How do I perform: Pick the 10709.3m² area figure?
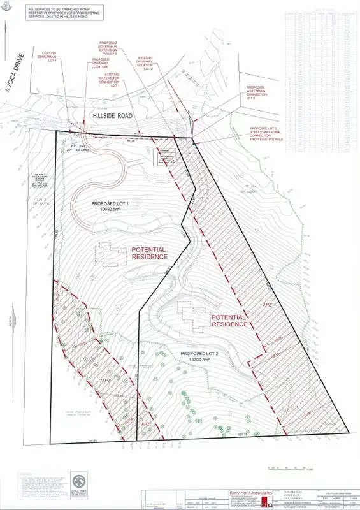tap(205, 360)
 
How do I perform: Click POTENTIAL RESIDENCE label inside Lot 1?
tap(149, 253)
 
